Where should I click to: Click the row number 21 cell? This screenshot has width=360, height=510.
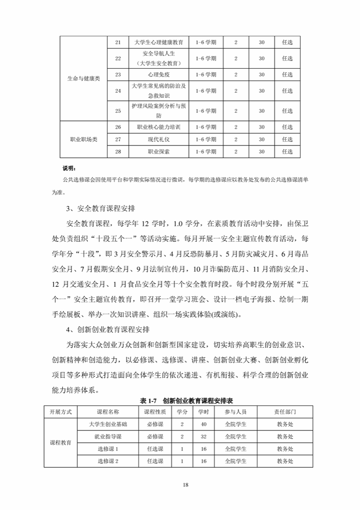pos(118,43)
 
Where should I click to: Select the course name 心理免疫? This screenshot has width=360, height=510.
pos(159,75)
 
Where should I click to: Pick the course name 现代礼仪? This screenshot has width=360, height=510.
pos(159,139)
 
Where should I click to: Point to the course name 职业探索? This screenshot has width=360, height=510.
pos(159,152)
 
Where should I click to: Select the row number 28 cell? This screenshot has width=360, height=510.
pos(118,152)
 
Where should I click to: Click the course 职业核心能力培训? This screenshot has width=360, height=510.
pos(159,127)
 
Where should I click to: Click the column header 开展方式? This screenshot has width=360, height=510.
pos(60,411)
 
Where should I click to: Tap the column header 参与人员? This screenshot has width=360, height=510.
pos(235,411)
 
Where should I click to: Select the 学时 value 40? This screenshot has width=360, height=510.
pos(204,424)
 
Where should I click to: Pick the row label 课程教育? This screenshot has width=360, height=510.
pos(60,443)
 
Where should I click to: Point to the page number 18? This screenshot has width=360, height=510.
pos(185,485)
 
